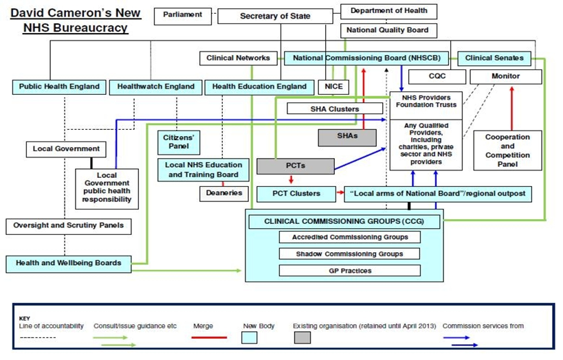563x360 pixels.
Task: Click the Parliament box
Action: pos(183,16)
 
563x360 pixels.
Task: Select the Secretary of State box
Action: pos(275,16)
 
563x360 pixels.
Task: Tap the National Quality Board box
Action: pos(388,30)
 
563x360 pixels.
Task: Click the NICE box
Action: pos(333,87)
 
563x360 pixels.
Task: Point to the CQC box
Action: pos(437,76)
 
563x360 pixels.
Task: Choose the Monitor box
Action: pos(505,76)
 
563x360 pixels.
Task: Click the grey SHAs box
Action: pos(347,137)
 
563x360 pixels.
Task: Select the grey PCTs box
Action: pos(296,166)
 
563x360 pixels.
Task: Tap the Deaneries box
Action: pos(224,194)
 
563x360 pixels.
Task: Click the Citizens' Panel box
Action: pos(179,142)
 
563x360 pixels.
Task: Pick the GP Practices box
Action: pos(350,271)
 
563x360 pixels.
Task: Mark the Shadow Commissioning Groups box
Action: pos(349,254)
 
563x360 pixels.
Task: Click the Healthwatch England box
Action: pos(155,87)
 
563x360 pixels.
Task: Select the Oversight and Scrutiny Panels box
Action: pos(69,226)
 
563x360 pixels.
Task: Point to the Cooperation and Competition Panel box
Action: pos(507,150)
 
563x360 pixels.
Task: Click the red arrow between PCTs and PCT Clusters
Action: pos(291,179)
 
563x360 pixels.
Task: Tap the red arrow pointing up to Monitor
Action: pos(511,108)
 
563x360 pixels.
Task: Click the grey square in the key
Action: pos(302,337)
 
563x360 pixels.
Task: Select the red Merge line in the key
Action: pos(210,337)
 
